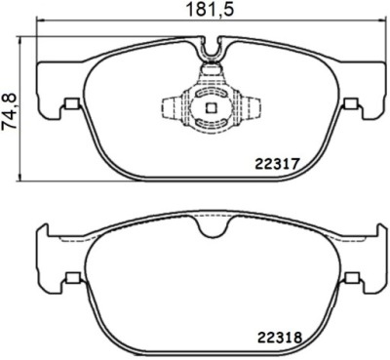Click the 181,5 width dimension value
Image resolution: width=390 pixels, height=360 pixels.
pyautogui.click(x=210, y=10)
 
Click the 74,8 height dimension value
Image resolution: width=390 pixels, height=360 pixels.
pyautogui.click(x=10, y=112)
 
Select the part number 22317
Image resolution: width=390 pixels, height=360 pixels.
pyautogui.click(x=277, y=164)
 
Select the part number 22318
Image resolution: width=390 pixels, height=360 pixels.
pyautogui.click(x=280, y=339)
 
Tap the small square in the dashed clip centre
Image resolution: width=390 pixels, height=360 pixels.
pyautogui.click(x=212, y=108)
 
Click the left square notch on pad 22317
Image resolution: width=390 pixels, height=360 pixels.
pyautogui.click(x=72, y=103)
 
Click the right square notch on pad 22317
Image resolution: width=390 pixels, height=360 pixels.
pyautogui.click(x=350, y=103)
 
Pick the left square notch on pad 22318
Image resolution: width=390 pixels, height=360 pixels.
pyautogui.click(x=72, y=277)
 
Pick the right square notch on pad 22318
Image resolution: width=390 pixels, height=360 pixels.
pyautogui.click(x=352, y=277)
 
